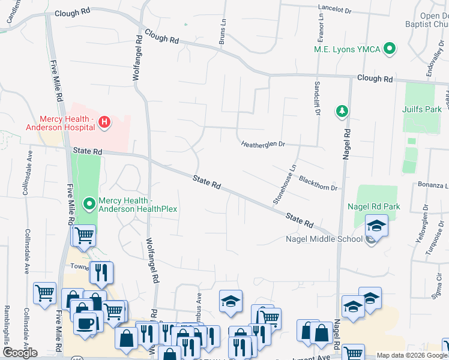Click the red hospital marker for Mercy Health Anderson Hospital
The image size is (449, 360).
click(x=104, y=122)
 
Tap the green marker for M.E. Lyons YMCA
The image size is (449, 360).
click(x=390, y=49)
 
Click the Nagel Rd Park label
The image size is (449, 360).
click(x=373, y=207)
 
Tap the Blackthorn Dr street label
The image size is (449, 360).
click(x=318, y=184)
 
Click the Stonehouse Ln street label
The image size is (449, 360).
click(x=285, y=185)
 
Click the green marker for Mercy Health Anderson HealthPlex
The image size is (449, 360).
click(x=90, y=205)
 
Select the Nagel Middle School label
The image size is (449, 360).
click(x=325, y=239)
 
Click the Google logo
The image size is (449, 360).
click(x=19, y=353)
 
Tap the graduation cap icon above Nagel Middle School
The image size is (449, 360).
click(x=377, y=226)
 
